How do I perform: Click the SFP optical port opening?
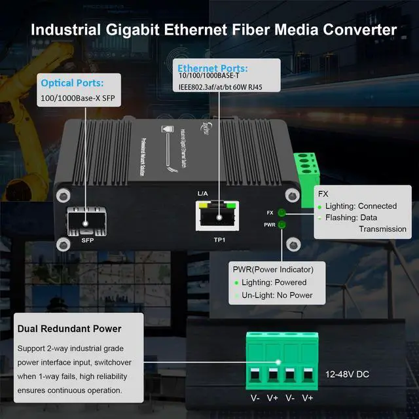(86, 221)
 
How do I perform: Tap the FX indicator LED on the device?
(282, 213)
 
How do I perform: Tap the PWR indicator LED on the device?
(282, 225)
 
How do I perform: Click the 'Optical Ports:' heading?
(72, 83)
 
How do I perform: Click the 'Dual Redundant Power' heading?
(70, 329)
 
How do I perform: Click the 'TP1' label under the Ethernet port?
(219, 240)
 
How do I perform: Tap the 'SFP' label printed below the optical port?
(88, 240)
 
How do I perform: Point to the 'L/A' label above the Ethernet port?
(202, 194)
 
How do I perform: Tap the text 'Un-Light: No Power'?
(278, 295)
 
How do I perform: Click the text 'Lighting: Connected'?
(362, 206)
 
